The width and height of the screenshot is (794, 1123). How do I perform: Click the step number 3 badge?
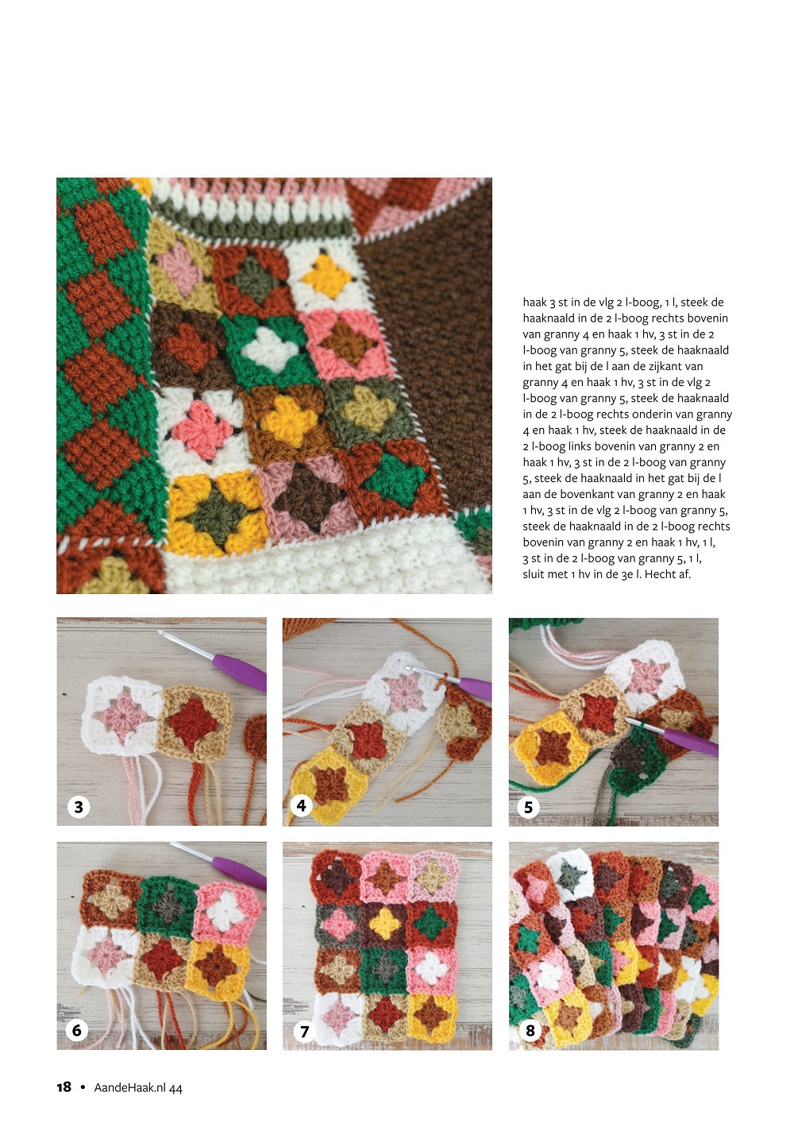78,807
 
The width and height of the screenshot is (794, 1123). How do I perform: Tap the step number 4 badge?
301,805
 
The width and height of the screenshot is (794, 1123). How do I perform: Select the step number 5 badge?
528,807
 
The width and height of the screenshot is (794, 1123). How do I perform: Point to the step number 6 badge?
77,1030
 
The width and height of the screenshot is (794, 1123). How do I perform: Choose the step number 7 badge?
304,1031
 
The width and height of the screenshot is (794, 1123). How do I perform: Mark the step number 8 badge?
530,1030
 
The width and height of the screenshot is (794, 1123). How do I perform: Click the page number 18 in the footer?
64,1087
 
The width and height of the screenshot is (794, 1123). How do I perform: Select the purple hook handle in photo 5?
692,742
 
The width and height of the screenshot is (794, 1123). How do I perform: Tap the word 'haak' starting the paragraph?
535,303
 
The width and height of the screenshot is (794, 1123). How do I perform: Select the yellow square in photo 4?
330,783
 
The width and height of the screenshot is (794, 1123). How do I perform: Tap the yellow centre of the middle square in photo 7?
385,923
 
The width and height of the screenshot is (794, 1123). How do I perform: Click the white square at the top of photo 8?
569,875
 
